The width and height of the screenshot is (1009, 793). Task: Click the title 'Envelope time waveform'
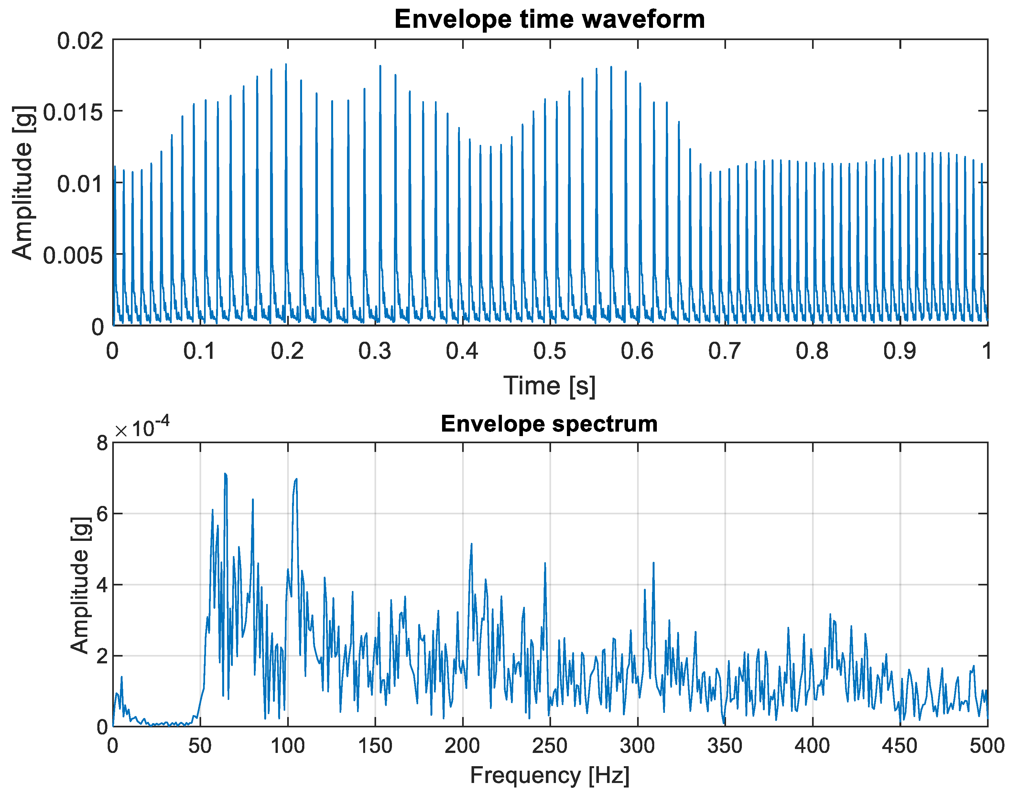[549, 19]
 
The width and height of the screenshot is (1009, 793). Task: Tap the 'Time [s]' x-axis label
[549, 385]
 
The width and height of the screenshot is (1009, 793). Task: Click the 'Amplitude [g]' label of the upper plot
[22, 182]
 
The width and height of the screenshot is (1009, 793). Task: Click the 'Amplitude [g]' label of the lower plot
[80, 585]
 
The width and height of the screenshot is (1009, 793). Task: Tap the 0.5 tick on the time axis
[550, 351]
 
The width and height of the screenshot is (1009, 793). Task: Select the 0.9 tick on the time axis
[900, 351]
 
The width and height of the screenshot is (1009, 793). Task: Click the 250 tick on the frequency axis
[550, 746]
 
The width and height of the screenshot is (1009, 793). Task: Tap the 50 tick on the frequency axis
[200, 746]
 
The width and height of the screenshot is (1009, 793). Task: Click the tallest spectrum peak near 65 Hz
[225, 474]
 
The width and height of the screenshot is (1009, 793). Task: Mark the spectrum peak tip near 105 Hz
[296, 479]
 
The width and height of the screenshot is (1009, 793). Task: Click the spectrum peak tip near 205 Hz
[471, 544]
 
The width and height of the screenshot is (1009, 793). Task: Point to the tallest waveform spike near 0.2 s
[286, 65]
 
